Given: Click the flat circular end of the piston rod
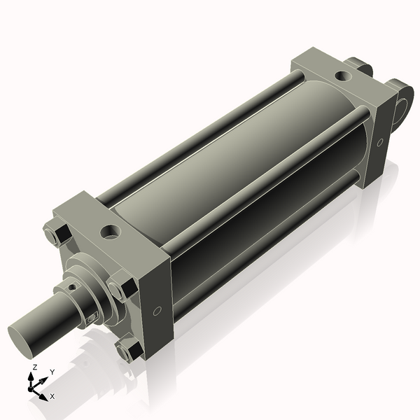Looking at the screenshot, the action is click(x=21, y=340).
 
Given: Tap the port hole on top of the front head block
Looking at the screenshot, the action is click(x=111, y=232).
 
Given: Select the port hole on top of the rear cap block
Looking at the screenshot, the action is click(x=343, y=76).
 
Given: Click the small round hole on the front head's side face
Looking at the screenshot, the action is click(x=157, y=311).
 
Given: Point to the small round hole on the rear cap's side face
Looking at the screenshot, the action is click(x=379, y=142).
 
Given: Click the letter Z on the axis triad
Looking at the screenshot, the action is click(x=34, y=367).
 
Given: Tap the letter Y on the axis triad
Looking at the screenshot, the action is click(x=52, y=372).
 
